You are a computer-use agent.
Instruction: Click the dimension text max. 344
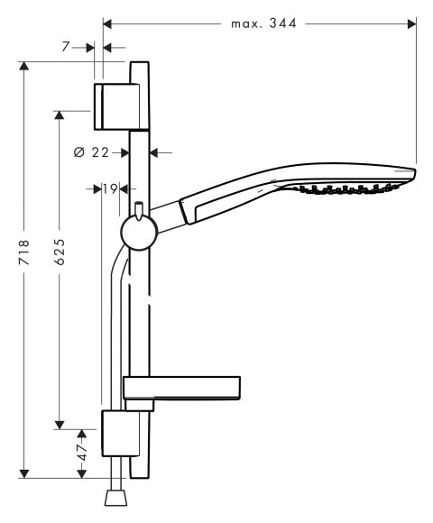[263, 23]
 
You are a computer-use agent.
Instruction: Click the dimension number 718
[24, 252]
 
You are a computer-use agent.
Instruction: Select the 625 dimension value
[60, 252]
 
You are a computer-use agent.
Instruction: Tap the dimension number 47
[82, 452]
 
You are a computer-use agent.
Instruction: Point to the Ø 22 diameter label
[91, 152]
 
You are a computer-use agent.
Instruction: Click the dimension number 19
[110, 189]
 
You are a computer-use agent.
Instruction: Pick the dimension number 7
[65, 47]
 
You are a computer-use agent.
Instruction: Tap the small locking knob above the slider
[138, 211]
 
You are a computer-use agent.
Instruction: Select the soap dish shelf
[182, 388]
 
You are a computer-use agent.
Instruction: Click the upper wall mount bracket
[116, 106]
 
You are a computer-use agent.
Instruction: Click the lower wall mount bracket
[120, 433]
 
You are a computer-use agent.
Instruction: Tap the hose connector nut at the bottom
[116, 498]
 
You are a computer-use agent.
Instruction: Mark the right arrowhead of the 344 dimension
[412, 23]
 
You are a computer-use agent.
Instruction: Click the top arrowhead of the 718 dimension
[23, 66]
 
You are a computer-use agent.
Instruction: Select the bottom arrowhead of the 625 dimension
[60, 426]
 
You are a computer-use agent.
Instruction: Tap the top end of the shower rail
[139, 62]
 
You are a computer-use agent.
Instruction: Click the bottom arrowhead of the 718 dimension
[23, 473]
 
